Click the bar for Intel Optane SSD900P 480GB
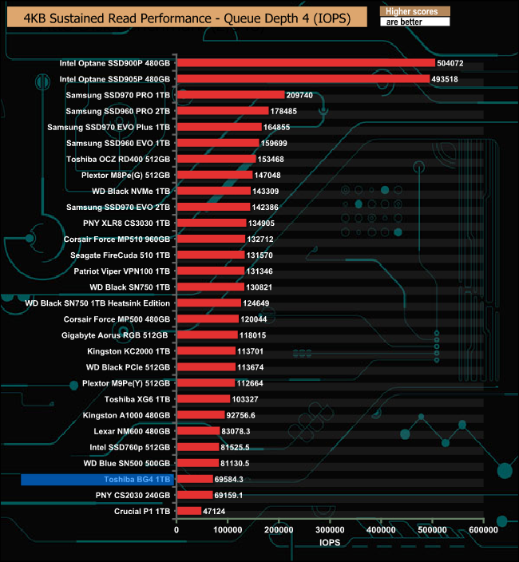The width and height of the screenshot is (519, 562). (x=305, y=63)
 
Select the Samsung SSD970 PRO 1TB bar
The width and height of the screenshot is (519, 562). (x=230, y=95)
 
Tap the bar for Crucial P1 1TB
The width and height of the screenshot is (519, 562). (x=188, y=511)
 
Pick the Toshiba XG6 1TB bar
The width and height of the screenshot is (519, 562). (x=203, y=398)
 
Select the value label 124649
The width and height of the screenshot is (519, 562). (x=259, y=303)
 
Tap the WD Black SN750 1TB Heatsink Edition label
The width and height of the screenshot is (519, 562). (x=97, y=303)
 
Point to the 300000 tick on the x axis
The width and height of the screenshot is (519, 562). (x=330, y=529)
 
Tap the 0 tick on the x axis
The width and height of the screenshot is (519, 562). (x=176, y=529)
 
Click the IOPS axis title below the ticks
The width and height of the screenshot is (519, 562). (x=329, y=544)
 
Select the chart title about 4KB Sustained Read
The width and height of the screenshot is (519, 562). (x=186, y=18)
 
